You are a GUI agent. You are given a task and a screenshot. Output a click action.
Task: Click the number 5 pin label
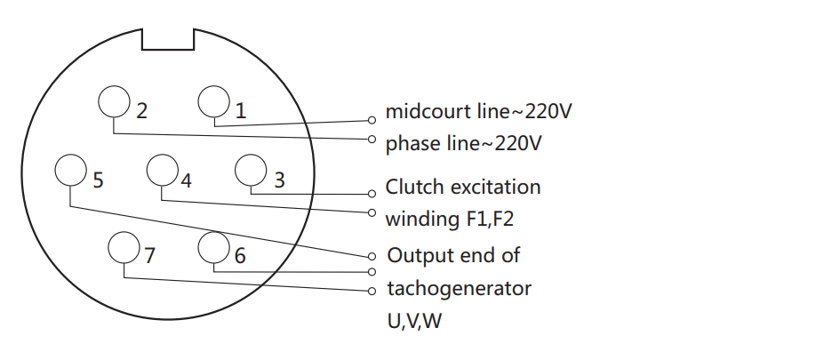[x=98, y=180]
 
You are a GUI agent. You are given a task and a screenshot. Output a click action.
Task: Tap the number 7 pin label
[x=149, y=255]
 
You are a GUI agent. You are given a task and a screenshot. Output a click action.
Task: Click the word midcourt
[x=428, y=111]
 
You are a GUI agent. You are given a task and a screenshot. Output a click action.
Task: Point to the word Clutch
[x=415, y=187]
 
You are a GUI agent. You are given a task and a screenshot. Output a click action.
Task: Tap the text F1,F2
[x=487, y=220]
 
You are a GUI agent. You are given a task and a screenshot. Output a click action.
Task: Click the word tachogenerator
[x=459, y=289]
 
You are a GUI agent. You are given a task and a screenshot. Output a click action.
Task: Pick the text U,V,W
[x=414, y=322]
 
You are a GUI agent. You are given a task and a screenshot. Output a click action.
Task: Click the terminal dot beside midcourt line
[x=372, y=121]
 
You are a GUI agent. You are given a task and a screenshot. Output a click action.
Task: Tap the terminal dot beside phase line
[x=372, y=140]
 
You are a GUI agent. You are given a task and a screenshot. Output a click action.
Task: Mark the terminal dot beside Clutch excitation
[x=372, y=194]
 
